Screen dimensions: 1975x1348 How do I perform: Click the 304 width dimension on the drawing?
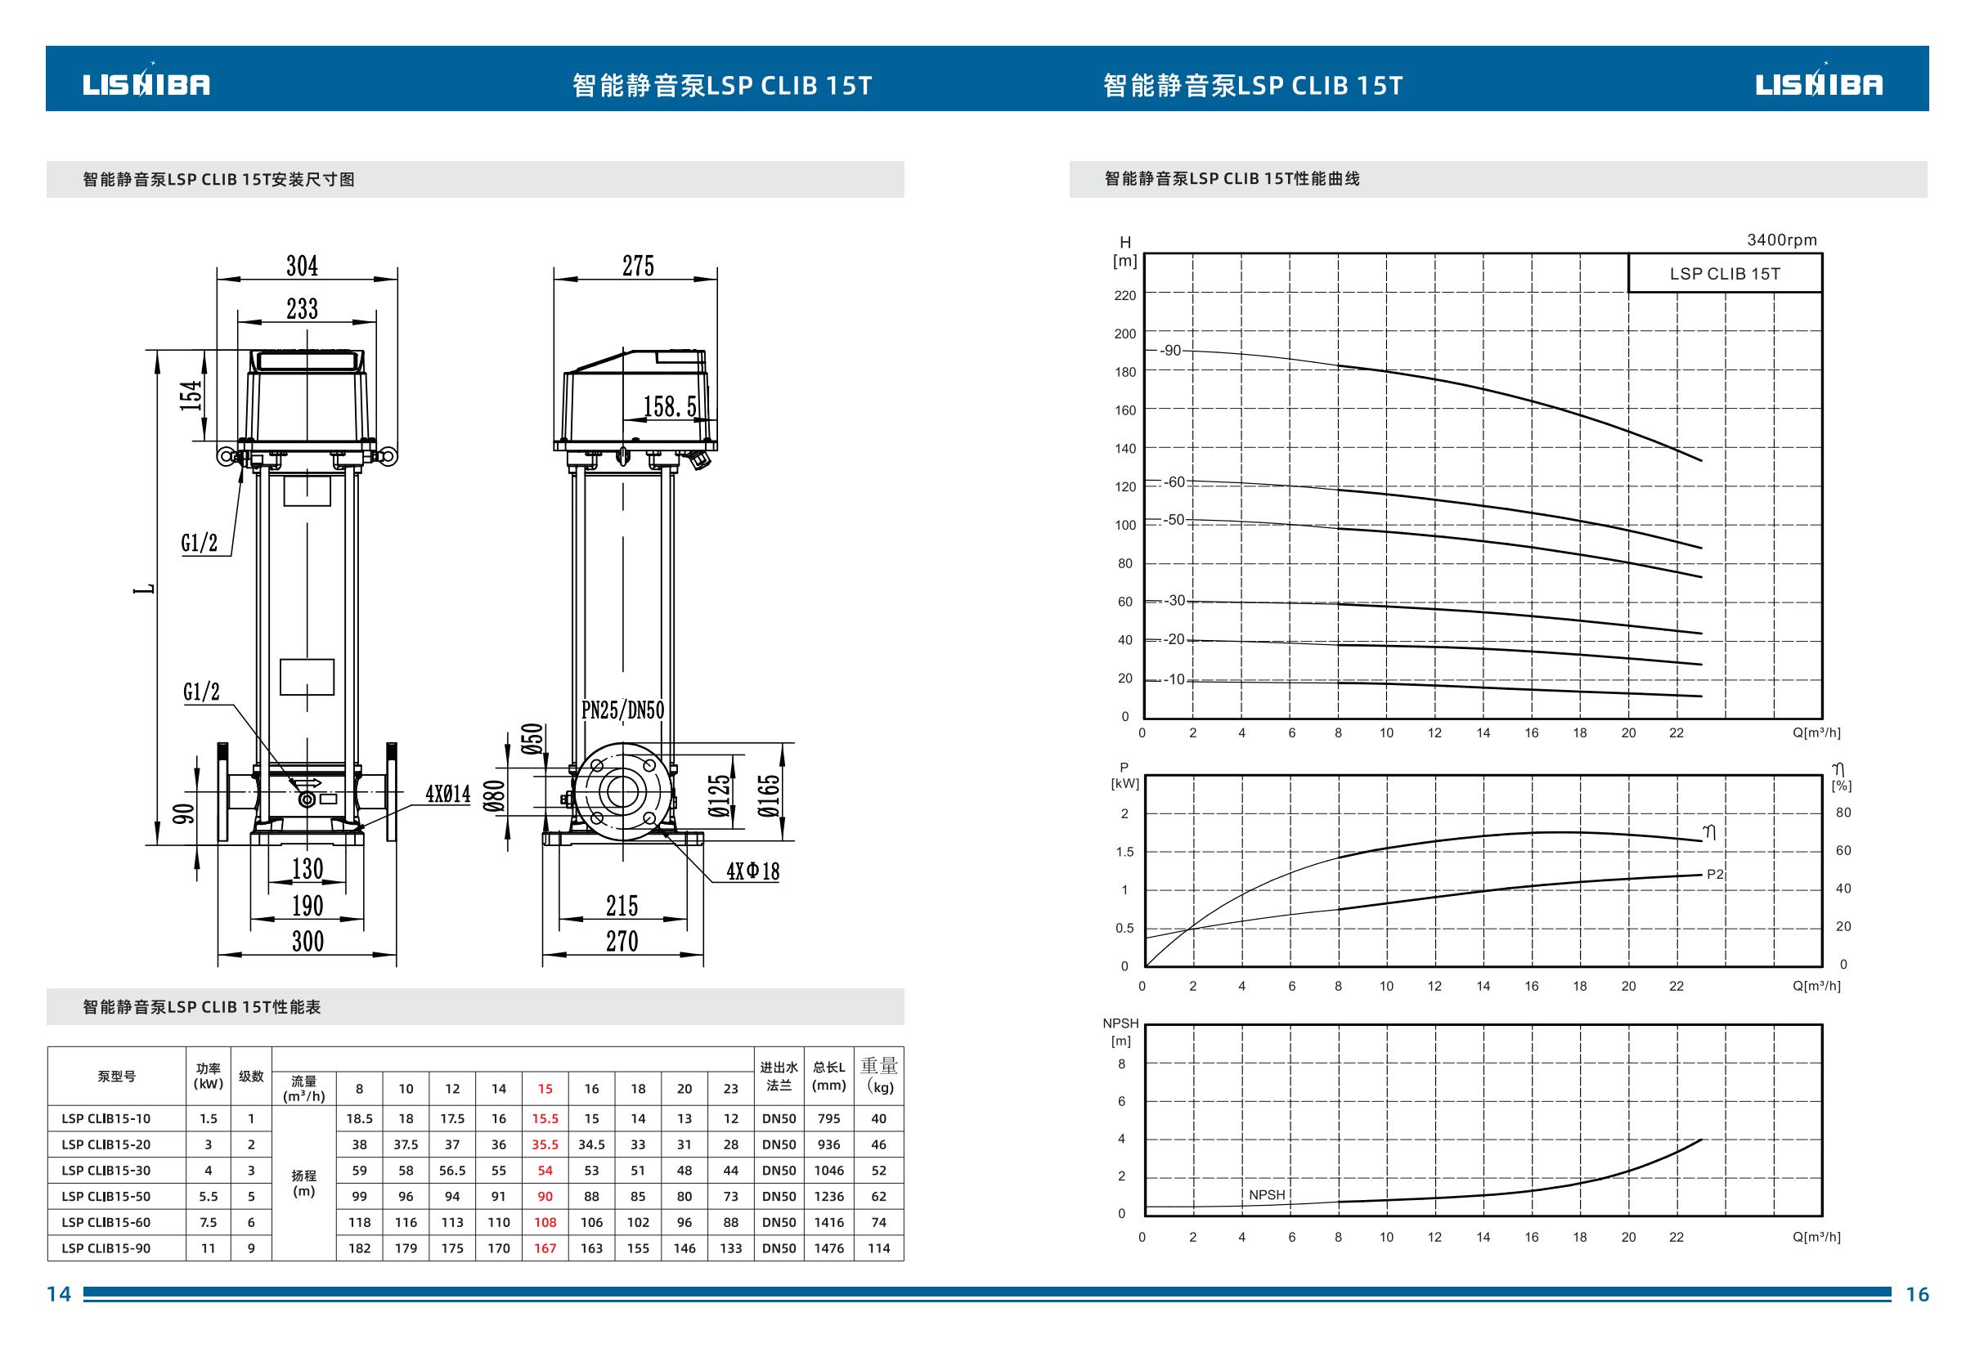[x=302, y=266]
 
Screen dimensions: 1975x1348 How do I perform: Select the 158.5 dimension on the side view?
[x=670, y=407]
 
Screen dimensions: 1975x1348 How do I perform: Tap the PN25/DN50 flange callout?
[x=623, y=710]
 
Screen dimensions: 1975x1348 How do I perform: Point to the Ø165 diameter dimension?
[x=769, y=795]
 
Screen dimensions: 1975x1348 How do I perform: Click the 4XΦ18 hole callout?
[x=753, y=871]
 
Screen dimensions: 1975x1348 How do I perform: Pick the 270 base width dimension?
[x=622, y=941]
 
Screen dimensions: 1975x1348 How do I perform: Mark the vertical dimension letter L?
[x=149, y=588]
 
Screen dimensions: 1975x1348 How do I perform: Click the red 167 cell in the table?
[x=545, y=1247]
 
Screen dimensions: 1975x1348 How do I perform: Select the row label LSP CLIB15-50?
[x=105, y=1196]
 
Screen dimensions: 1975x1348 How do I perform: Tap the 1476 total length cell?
[x=828, y=1247]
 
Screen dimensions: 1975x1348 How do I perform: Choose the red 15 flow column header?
[x=545, y=1088]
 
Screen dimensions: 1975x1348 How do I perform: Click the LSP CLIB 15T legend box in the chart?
[x=1724, y=273]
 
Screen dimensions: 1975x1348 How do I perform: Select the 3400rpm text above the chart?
[x=1782, y=240]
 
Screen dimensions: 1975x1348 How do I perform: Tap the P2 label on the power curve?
[x=1715, y=874]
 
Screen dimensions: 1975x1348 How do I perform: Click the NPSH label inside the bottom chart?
[x=1267, y=1194]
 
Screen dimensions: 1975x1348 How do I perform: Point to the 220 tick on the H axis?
[x=1125, y=296]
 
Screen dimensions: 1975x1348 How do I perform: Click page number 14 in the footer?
[x=59, y=1293]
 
